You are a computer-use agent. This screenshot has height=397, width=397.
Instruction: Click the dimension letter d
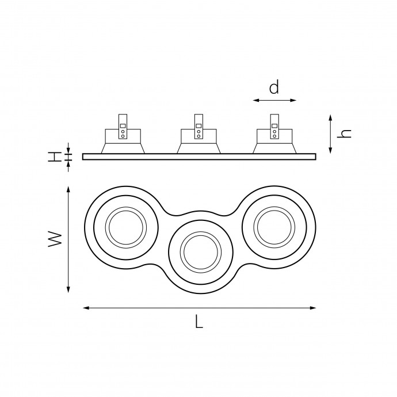274,87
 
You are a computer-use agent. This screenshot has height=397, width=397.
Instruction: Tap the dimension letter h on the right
344,133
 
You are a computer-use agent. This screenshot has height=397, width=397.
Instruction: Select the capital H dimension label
55,156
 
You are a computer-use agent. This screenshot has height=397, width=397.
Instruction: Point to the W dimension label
55,239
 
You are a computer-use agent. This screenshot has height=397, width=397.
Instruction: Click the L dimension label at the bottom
199,321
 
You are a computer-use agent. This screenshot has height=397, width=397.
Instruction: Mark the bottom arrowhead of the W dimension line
68,290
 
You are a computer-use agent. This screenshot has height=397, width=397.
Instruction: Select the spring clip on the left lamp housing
123,127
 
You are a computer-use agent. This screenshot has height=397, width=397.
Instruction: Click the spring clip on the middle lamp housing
199,127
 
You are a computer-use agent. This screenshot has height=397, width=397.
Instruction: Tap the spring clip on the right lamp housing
274,127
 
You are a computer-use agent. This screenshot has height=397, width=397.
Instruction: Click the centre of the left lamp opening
126,227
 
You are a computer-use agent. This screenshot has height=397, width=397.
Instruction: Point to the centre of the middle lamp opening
201,252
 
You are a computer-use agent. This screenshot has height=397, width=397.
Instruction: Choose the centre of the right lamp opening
274,227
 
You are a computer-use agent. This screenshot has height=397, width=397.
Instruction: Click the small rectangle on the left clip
123,125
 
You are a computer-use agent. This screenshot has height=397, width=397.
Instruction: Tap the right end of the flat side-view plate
316,156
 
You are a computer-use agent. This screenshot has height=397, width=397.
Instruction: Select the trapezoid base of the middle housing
199,148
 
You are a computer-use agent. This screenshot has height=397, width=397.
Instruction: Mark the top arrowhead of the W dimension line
68,189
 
